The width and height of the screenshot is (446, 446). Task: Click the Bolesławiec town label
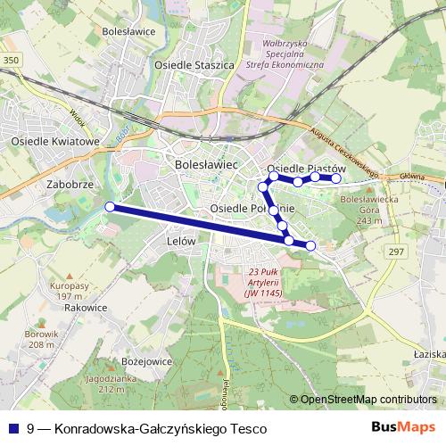pos(205,165)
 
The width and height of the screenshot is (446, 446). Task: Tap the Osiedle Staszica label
pos(194,65)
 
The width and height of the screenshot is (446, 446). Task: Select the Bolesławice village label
pos(129,31)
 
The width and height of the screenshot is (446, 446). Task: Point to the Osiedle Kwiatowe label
pos(54,141)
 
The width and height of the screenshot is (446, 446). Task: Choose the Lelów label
pos(182,241)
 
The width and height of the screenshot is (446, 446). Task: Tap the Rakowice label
pos(86,307)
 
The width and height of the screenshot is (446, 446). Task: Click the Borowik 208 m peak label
pos(41,339)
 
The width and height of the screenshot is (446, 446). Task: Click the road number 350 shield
pos(11,60)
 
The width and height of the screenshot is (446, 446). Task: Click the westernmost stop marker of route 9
pos(110,207)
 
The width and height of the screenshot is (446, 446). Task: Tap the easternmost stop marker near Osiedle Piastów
pos(336,178)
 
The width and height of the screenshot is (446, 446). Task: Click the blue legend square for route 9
pos(13,429)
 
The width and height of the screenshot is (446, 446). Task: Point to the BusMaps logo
pos(404,428)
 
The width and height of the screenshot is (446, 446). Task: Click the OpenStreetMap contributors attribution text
pos(367,400)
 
